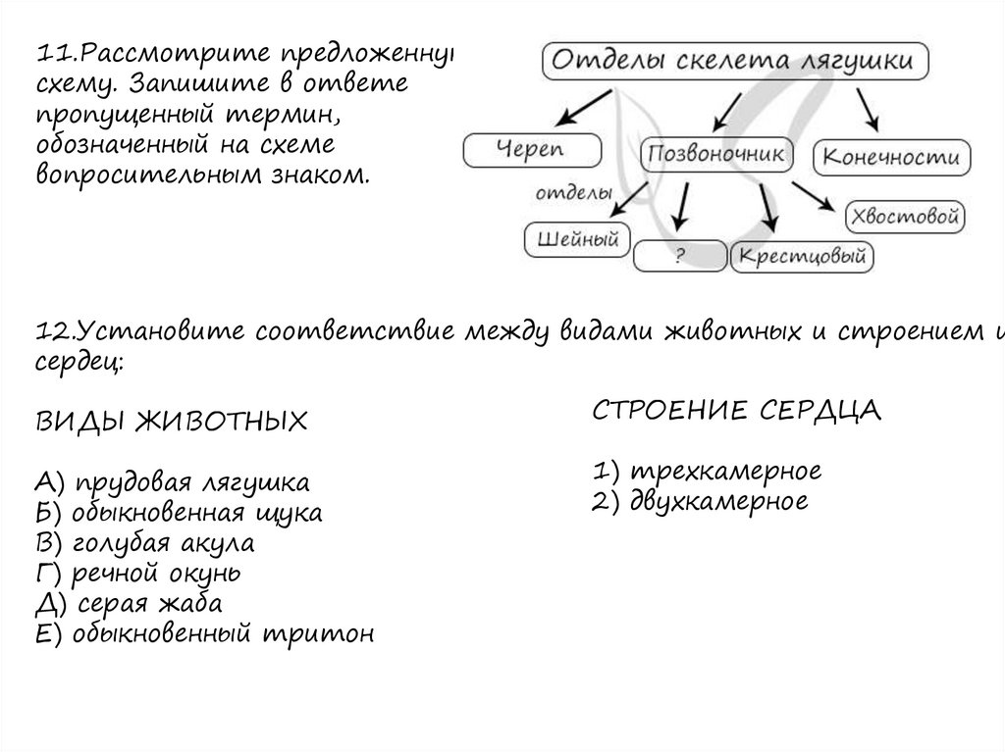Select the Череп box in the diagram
pyautogui.click(x=532, y=150)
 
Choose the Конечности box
pyautogui.click(x=892, y=157)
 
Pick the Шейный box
pyautogui.click(x=577, y=238)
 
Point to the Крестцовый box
pyautogui.click(x=803, y=257)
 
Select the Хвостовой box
pyautogui.click(x=904, y=216)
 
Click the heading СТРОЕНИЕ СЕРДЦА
pyautogui.click(x=737, y=410)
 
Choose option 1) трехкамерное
pyautogui.click(x=707, y=471)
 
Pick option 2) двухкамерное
pyautogui.click(x=700, y=501)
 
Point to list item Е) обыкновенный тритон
pyautogui.click(x=204, y=633)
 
